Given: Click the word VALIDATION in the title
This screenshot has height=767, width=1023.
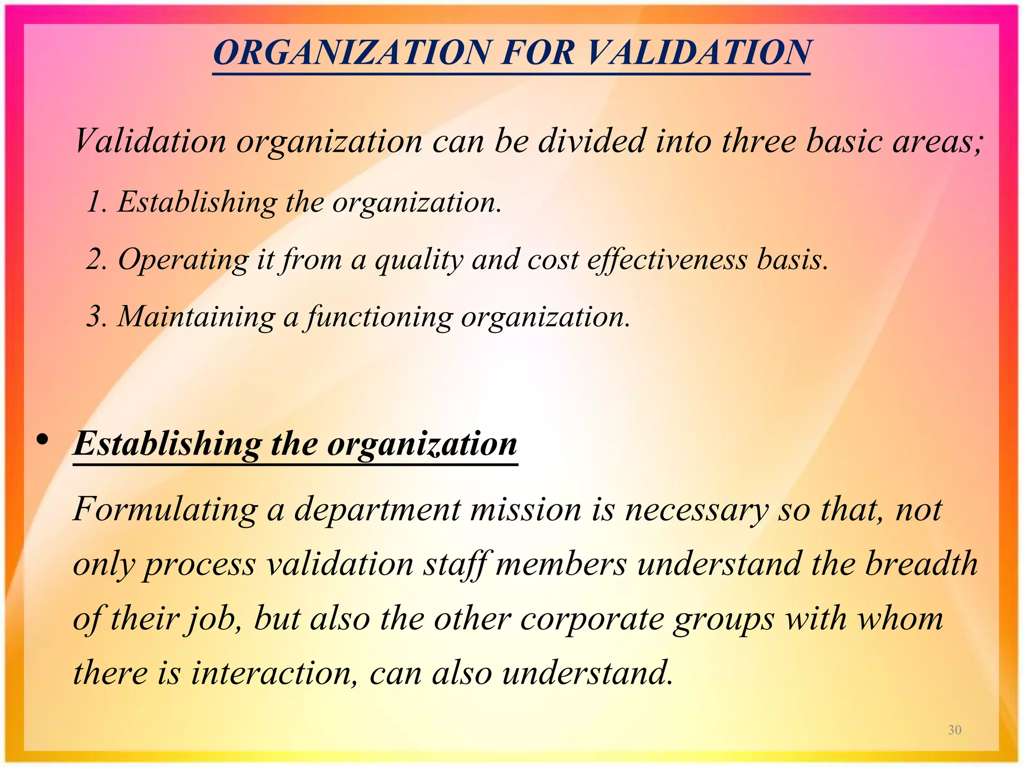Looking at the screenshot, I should (x=699, y=52).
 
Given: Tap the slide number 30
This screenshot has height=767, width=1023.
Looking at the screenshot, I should (x=955, y=730).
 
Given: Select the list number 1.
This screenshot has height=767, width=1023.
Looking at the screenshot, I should (x=95, y=203).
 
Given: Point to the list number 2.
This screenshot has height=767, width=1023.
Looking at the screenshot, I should (x=95, y=260).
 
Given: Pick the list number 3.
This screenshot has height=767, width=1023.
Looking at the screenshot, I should (x=95, y=317).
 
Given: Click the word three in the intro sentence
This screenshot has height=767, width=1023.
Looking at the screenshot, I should (x=759, y=141).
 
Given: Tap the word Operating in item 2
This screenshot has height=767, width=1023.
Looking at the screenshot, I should (x=183, y=260).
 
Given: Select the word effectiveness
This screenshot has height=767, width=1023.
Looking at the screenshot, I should (x=666, y=260).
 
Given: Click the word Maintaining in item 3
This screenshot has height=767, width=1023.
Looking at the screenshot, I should (x=196, y=317).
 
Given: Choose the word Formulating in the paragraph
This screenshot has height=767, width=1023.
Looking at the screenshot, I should (x=165, y=510).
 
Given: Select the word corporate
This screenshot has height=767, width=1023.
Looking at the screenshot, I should (x=592, y=620).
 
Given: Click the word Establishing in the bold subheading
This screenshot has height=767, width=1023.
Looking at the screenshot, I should (x=167, y=443).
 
